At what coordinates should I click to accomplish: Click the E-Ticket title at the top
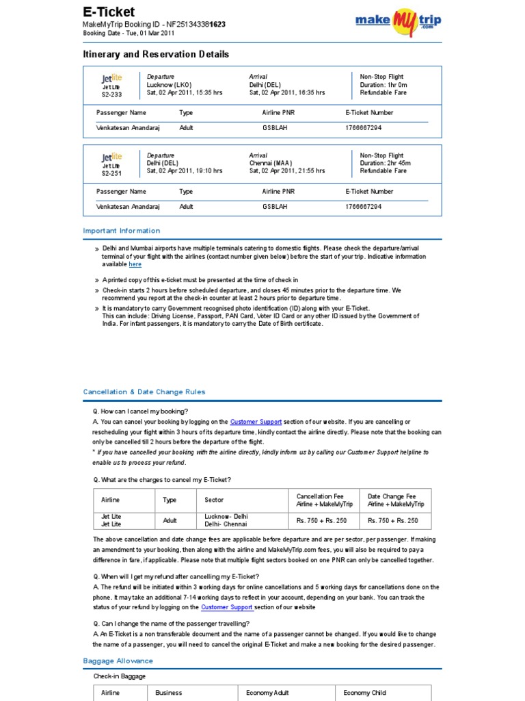tap(109, 12)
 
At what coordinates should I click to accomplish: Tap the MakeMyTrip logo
tap(398, 20)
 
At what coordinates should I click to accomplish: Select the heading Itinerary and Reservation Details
tap(156, 54)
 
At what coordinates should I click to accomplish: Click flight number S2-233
tap(111, 94)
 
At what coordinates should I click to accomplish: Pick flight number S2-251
tap(111, 173)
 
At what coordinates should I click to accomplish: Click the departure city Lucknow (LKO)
tap(170, 85)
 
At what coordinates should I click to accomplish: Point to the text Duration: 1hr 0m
tap(383, 85)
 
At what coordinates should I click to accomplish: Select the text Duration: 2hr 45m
tap(386, 164)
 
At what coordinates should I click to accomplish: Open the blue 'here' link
tap(135, 264)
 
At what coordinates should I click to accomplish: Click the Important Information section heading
tap(122, 231)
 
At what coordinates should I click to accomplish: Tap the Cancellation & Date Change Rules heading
tap(144, 392)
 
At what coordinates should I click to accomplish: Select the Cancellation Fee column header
tap(320, 500)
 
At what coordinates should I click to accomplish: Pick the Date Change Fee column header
tap(396, 500)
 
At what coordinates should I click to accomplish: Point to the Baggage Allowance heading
tap(118, 661)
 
